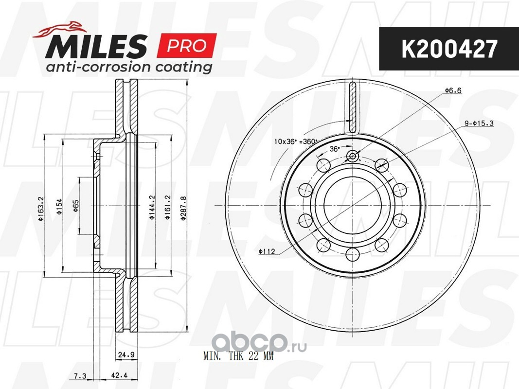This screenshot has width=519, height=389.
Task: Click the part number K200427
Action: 449,49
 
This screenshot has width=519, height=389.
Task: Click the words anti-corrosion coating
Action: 129,67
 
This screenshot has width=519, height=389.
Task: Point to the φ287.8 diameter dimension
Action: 183,208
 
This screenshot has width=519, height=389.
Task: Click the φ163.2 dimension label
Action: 41,209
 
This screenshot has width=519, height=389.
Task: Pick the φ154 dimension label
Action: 59,207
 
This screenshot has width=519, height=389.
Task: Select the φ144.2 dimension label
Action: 152,208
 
